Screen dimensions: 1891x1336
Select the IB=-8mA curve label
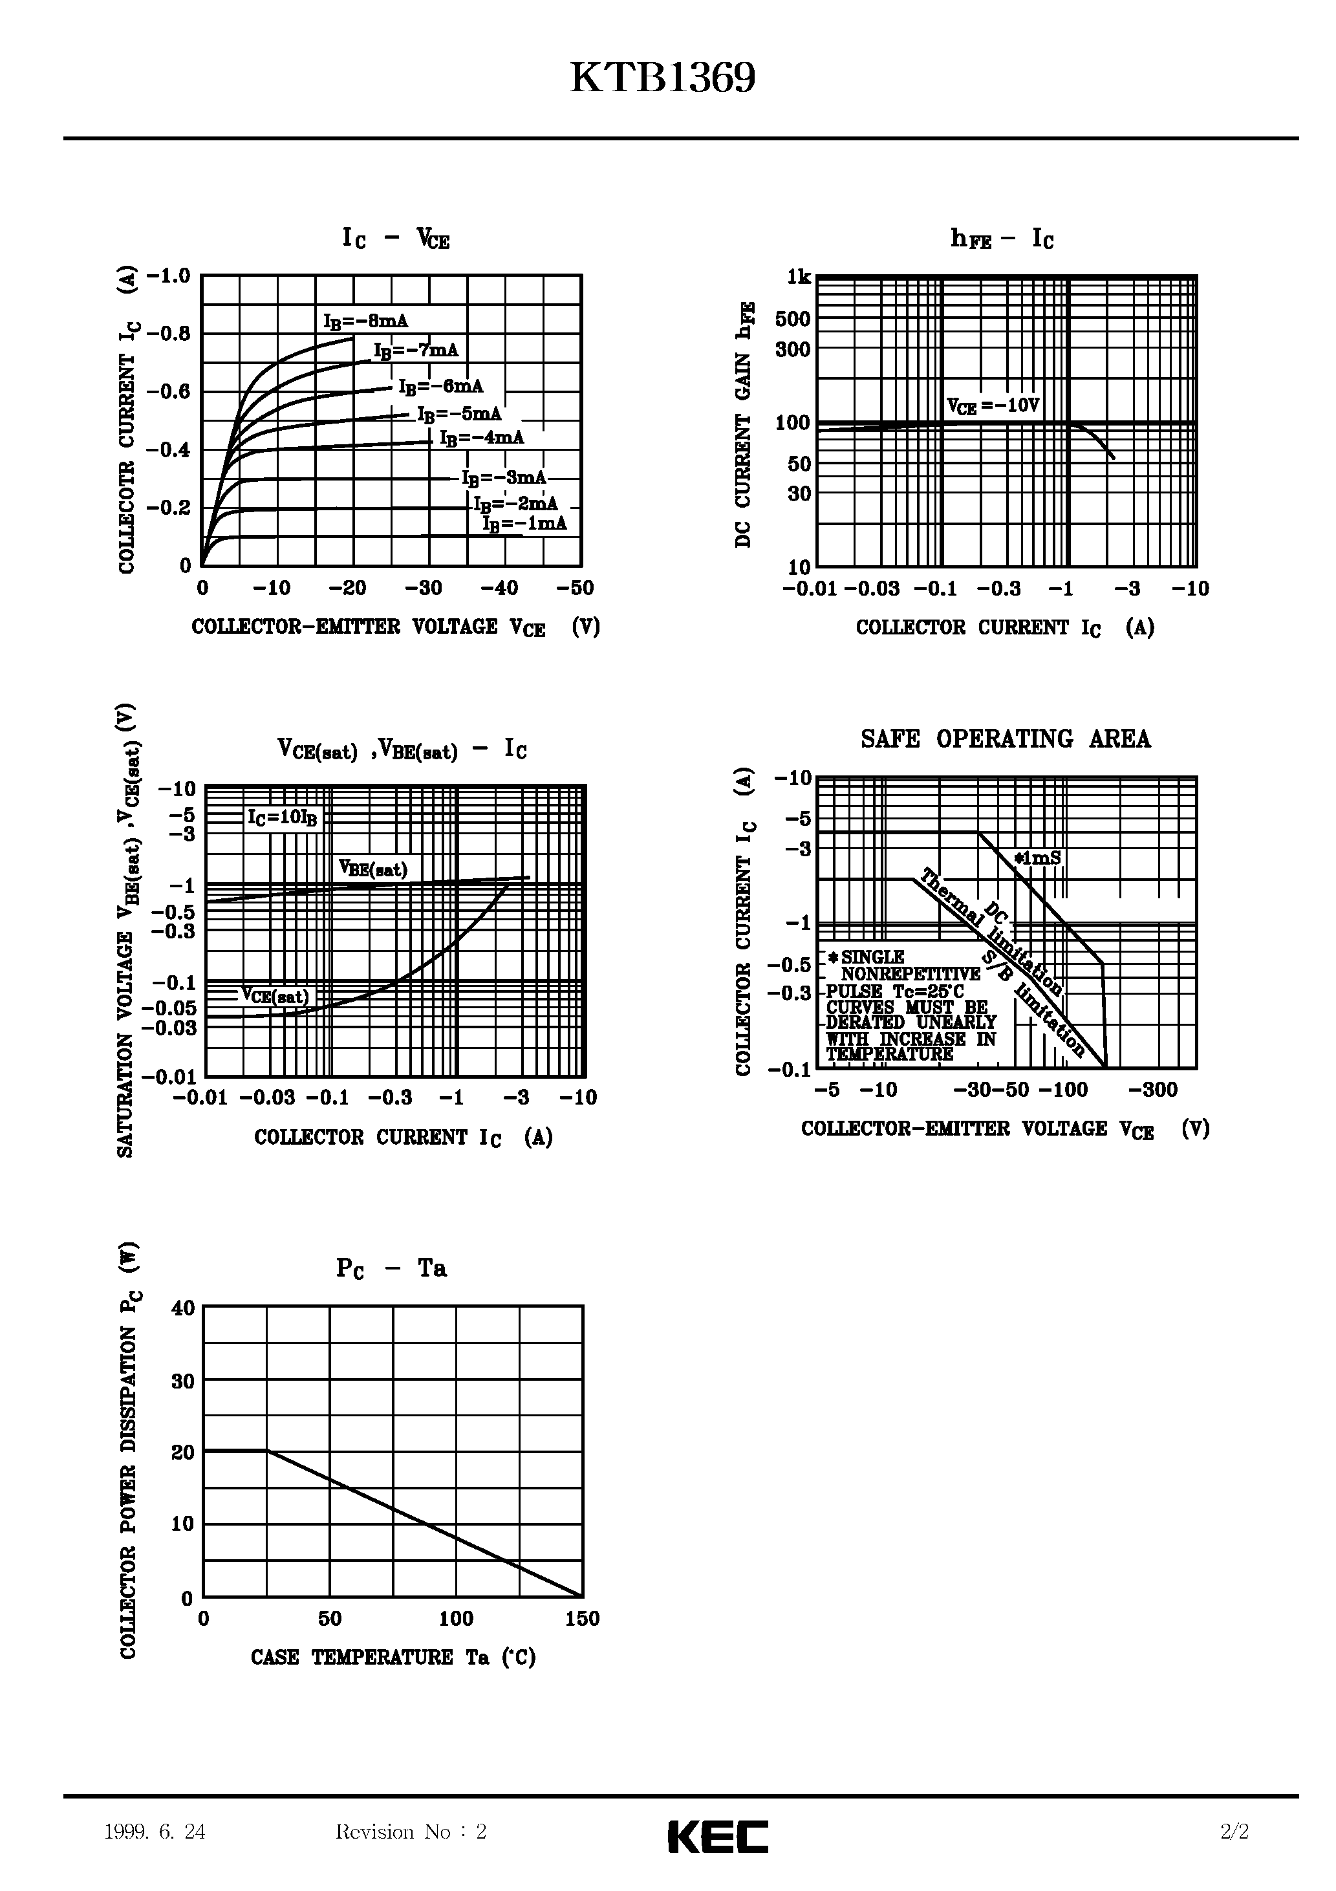coord(366,321)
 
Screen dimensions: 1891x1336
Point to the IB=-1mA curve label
coord(524,524)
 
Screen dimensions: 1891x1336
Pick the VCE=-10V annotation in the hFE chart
coord(993,406)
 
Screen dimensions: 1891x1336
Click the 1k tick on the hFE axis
coord(798,277)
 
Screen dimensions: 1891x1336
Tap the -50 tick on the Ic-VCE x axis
coord(574,588)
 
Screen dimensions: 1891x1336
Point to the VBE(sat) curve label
coord(373,869)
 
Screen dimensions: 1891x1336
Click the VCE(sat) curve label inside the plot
coord(275,996)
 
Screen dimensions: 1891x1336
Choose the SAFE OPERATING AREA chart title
coord(1005,739)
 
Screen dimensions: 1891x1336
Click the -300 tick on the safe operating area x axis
coord(1152,1090)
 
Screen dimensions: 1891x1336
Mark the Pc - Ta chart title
coord(391,1268)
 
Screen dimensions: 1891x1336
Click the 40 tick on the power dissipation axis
coord(183,1308)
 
